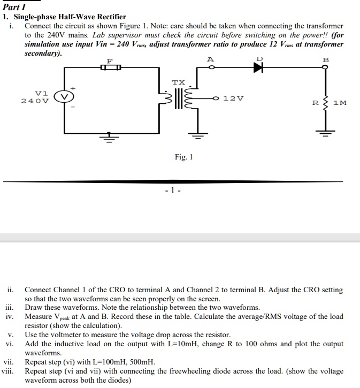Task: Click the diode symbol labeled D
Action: (x=259, y=68)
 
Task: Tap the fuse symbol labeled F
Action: (x=111, y=67)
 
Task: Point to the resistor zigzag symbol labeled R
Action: (x=325, y=101)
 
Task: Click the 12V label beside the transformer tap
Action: (x=234, y=98)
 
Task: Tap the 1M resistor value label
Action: (x=340, y=102)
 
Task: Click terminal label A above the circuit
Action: (x=211, y=58)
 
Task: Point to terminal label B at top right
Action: (x=325, y=59)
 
